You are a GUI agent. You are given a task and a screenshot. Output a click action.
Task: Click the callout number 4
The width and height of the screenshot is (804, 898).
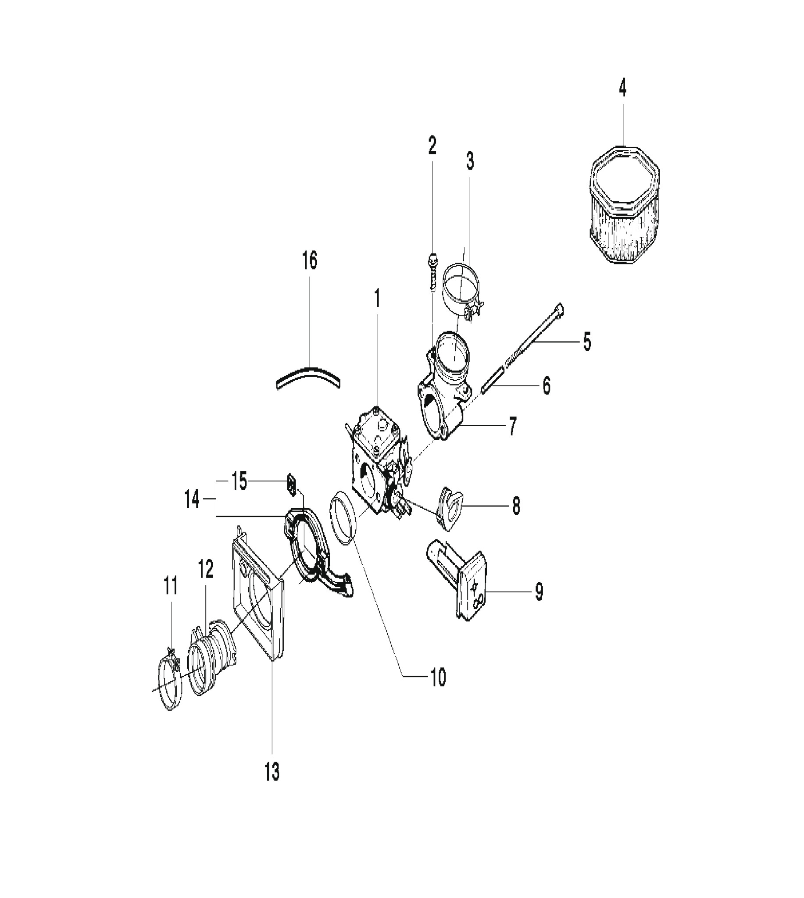[622, 88]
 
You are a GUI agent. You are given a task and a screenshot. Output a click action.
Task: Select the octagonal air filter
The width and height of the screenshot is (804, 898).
[624, 205]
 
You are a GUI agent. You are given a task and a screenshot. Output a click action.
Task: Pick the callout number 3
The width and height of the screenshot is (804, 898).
[470, 161]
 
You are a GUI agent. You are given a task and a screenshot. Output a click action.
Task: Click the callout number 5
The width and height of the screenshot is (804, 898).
[586, 341]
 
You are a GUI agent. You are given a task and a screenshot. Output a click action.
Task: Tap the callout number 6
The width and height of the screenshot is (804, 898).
[547, 385]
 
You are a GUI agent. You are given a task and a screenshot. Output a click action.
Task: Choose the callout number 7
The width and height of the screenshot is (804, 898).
[512, 427]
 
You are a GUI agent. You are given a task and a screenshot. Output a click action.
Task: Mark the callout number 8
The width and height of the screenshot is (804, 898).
[516, 506]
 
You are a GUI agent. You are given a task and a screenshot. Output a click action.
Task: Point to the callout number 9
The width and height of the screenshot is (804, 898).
[539, 592]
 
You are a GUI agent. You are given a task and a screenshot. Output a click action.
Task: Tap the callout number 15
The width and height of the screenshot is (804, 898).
[239, 481]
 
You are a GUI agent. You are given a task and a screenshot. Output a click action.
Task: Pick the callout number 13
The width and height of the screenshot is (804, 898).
[272, 772]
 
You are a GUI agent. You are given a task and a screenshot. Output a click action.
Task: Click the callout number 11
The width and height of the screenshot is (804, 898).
[171, 586]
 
